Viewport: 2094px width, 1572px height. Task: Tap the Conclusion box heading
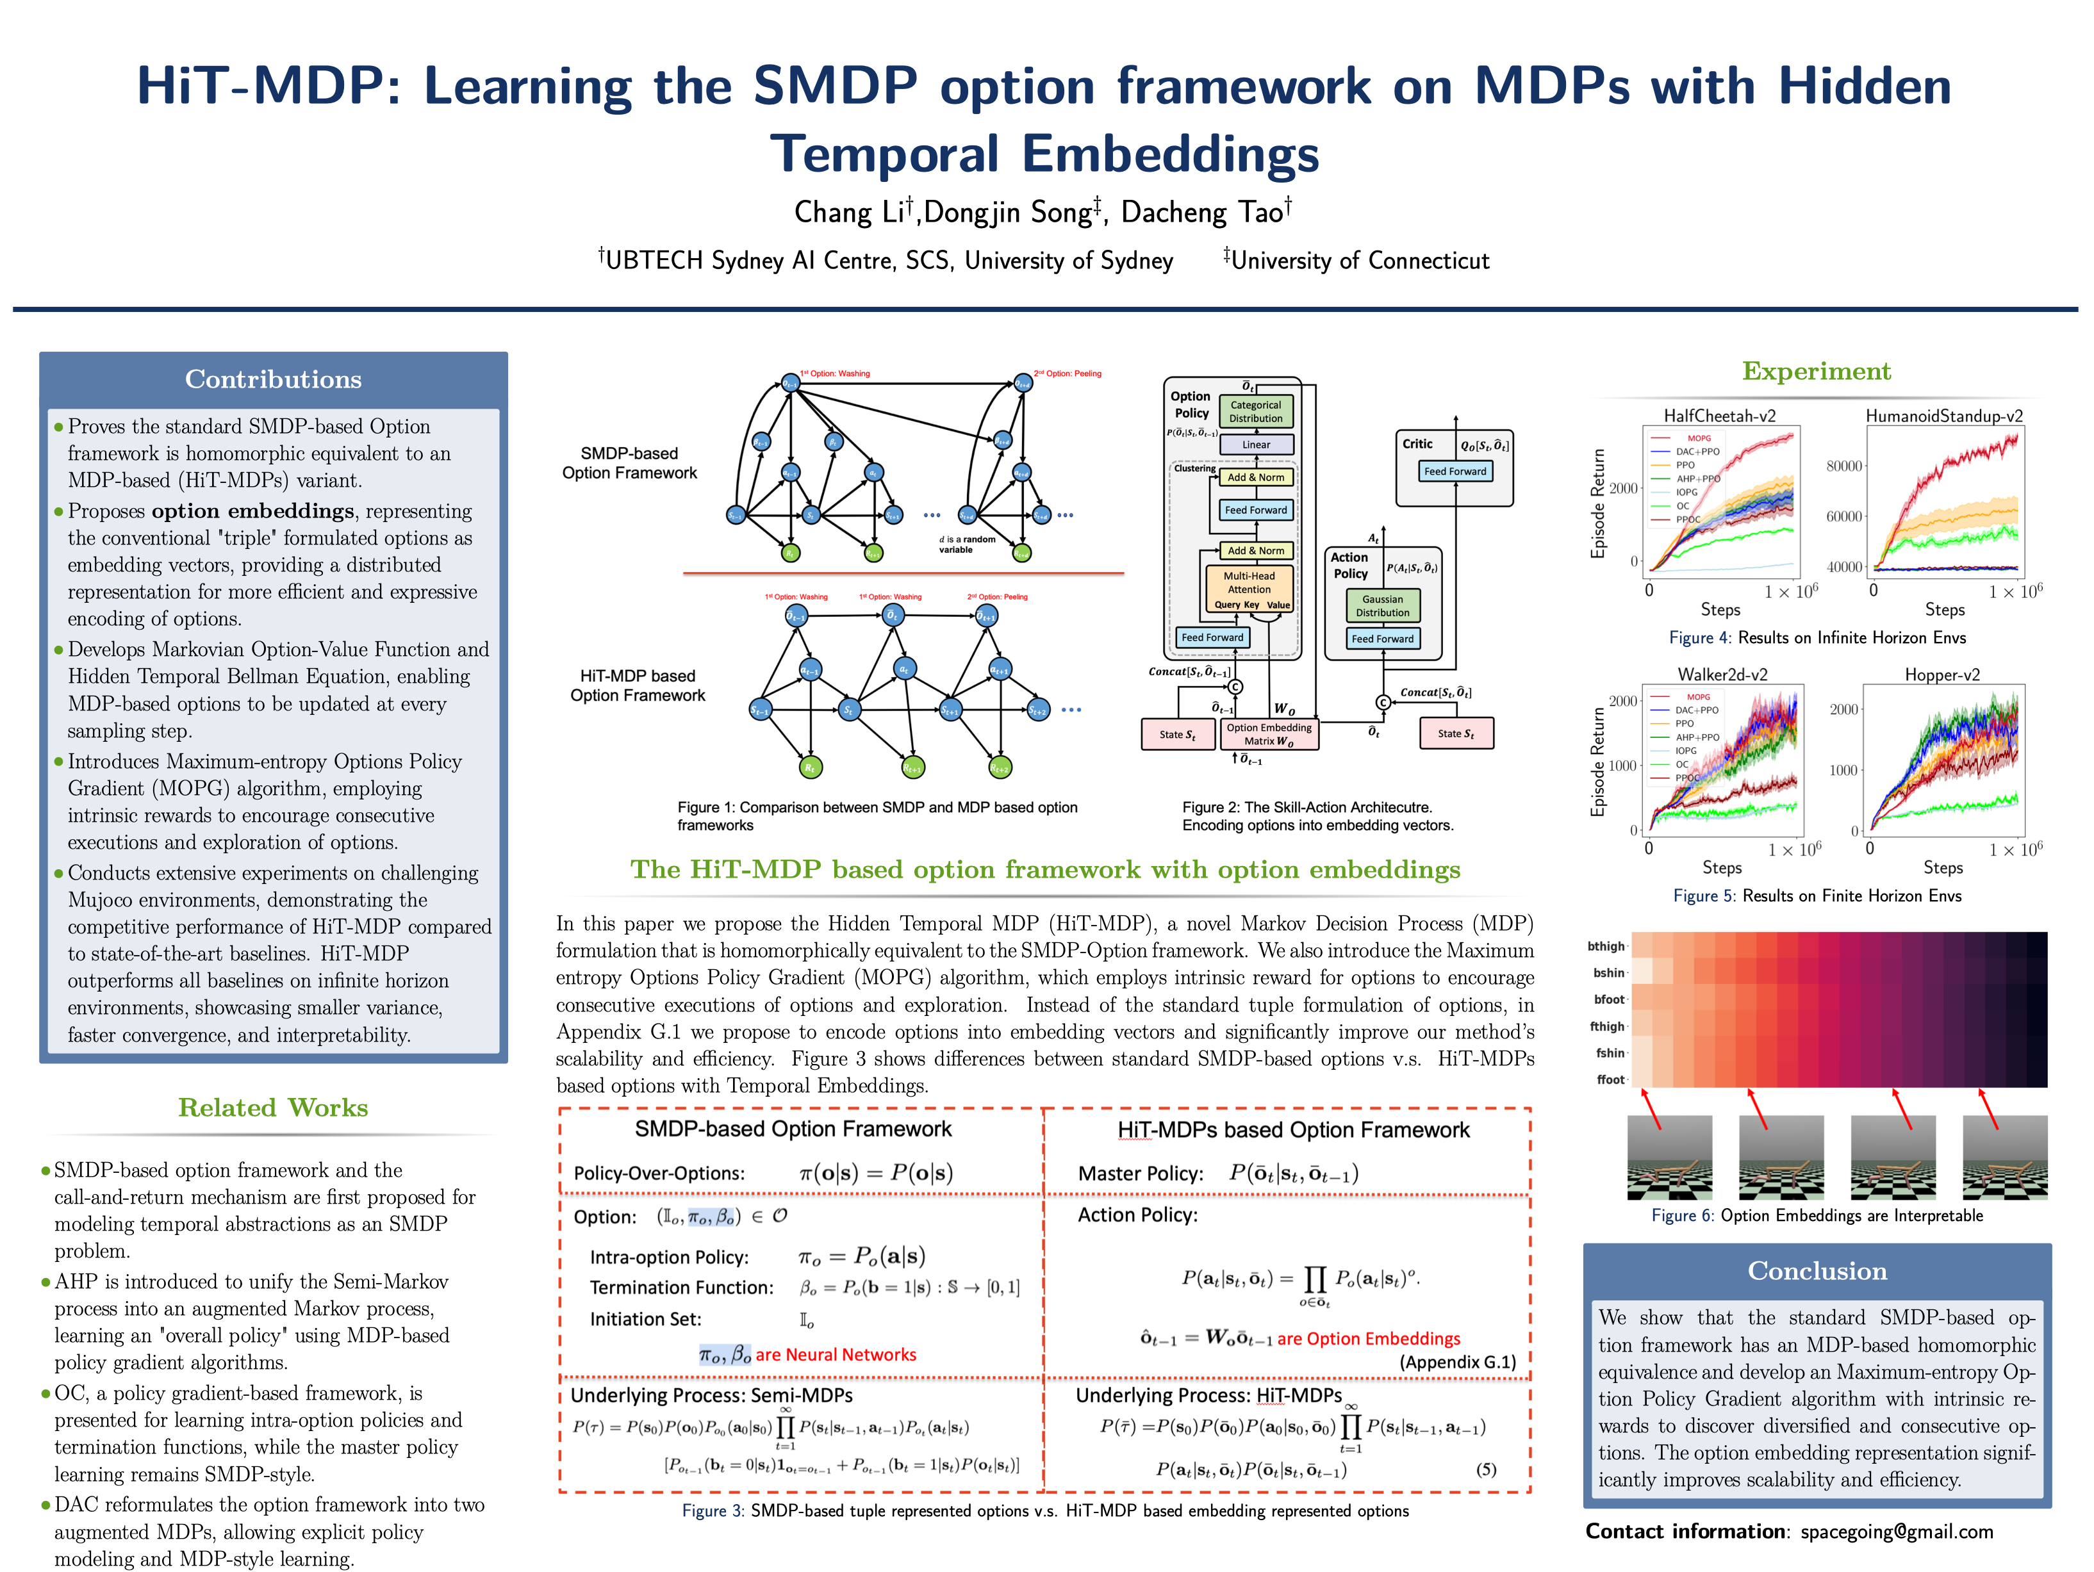[x=1817, y=1270]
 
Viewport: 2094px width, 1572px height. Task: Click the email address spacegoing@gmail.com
[x=1896, y=1531]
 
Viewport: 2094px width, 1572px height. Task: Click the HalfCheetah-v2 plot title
[x=1719, y=416]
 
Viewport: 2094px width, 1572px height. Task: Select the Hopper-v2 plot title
[x=1941, y=675]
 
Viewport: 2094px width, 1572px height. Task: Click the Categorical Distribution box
[x=1255, y=412]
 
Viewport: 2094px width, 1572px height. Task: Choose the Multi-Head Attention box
[x=1249, y=583]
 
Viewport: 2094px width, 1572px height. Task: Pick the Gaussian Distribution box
[x=1382, y=606]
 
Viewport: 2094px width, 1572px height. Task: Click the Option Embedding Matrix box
[x=1269, y=734]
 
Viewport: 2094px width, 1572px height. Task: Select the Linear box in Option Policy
[x=1255, y=445]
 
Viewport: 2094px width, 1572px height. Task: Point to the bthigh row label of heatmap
[x=1606, y=946]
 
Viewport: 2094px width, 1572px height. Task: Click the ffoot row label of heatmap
[x=1610, y=1080]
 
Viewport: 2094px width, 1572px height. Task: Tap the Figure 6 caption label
[x=1682, y=1215]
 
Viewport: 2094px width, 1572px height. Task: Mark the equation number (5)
[x=1485, y=1469]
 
